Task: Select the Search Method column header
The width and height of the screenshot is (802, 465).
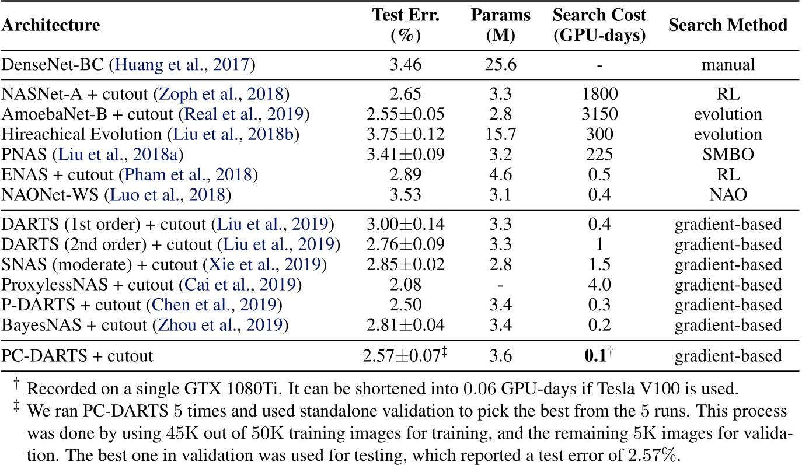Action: click(x=728, y=26)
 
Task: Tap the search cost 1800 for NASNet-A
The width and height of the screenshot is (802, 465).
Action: click(x=599, y=93)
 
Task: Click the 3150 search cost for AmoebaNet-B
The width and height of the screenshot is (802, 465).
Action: click(x=599, y=114)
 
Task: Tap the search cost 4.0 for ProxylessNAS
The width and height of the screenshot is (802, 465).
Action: click(x=599, y=285)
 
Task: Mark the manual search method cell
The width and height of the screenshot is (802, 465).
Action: click(x=728, y=64)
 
